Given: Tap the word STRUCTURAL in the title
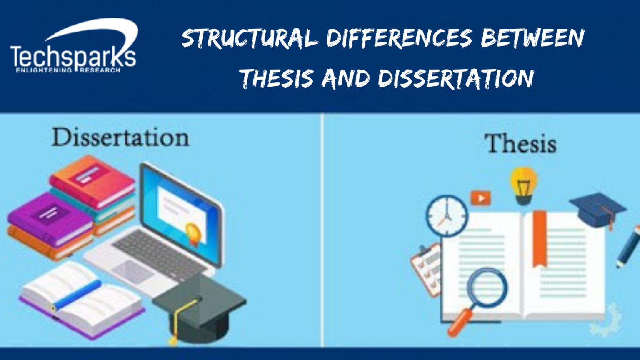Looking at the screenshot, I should pyautogui.click(x=250, y=39).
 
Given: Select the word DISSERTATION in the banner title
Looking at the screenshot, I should pyautogui.click(x=456, y=78).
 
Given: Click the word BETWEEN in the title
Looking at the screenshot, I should pyautogui.click(x=533, y=38).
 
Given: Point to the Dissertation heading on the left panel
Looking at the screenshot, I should pyautogui.click(x=120, y=137).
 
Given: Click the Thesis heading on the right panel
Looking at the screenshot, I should pyautogui.click(x=520, y=144).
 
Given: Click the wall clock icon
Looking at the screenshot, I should pyautogui.click(x=447, y=216).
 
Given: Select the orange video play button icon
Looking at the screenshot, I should pyautogui.click(x=480, y=198).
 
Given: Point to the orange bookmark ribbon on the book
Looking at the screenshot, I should pyautogui.click(x=540, y=237).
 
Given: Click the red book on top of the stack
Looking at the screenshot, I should pyautogui.click(x=92, y=179).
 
